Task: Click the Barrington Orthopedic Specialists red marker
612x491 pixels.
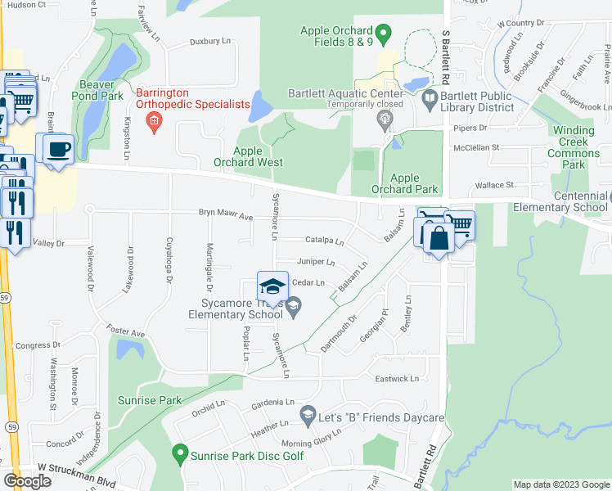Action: pyautogui.click(x=152, y=122)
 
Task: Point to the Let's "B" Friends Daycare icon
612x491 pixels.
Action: pyautogui.click(x=308, y=416)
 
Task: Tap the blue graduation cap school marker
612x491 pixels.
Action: pyautogui.click(x=272, y=286)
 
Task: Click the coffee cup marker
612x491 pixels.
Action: pyautogui.click(x=58, y=151)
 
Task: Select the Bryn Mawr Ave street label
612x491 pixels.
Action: pyautogui.click(x=226, y=216)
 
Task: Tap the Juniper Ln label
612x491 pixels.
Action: pyautogui.click(x=316, y=263)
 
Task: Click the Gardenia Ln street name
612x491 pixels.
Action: pyautogui.click(x=272, y=403)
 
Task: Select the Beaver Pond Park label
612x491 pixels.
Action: pyautogui.click(x=101, y=90)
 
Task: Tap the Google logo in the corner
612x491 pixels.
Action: pyautogui.click(x=27, y=480)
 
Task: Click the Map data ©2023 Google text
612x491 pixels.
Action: pyautogui.click(x=560, y=484)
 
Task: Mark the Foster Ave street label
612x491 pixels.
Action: pyautogui.click(x=128, y=334)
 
